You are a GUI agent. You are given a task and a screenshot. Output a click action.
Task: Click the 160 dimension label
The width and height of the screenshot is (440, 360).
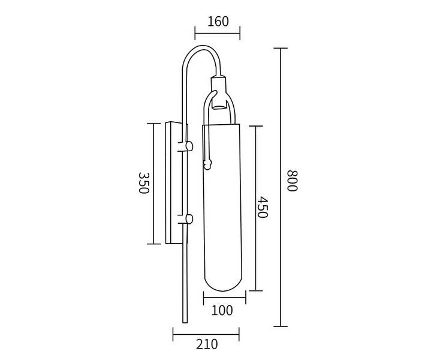(218, 22)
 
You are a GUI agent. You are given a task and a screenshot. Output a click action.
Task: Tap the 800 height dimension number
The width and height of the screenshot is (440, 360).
(292, 180)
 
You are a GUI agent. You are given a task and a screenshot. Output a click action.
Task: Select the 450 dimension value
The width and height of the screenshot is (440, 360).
(263, 207)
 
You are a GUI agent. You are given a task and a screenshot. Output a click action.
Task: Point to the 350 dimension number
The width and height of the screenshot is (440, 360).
(143, 183)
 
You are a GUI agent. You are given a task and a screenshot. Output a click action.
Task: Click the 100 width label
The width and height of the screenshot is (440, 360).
(222, 310)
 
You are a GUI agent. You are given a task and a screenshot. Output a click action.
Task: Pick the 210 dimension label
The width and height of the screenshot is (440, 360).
(207, 344)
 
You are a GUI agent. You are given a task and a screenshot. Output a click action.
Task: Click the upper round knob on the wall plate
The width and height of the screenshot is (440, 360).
(189, 146)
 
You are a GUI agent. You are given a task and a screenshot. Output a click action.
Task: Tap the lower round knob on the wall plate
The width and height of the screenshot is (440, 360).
(189, 219)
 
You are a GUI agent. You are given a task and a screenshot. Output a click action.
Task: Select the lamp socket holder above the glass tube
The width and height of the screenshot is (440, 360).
(219, 92)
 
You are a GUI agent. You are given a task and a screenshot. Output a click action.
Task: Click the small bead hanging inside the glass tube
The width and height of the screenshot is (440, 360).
(207, 164)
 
